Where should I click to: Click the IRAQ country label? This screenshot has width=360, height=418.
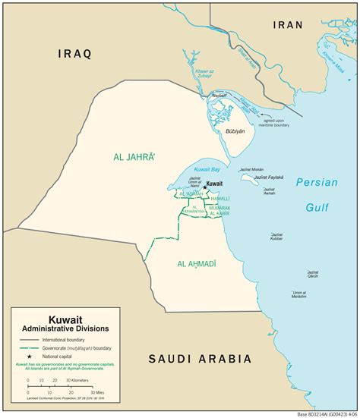click(x=75, y=53)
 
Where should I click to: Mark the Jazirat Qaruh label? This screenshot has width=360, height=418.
click(x=312, y=274)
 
